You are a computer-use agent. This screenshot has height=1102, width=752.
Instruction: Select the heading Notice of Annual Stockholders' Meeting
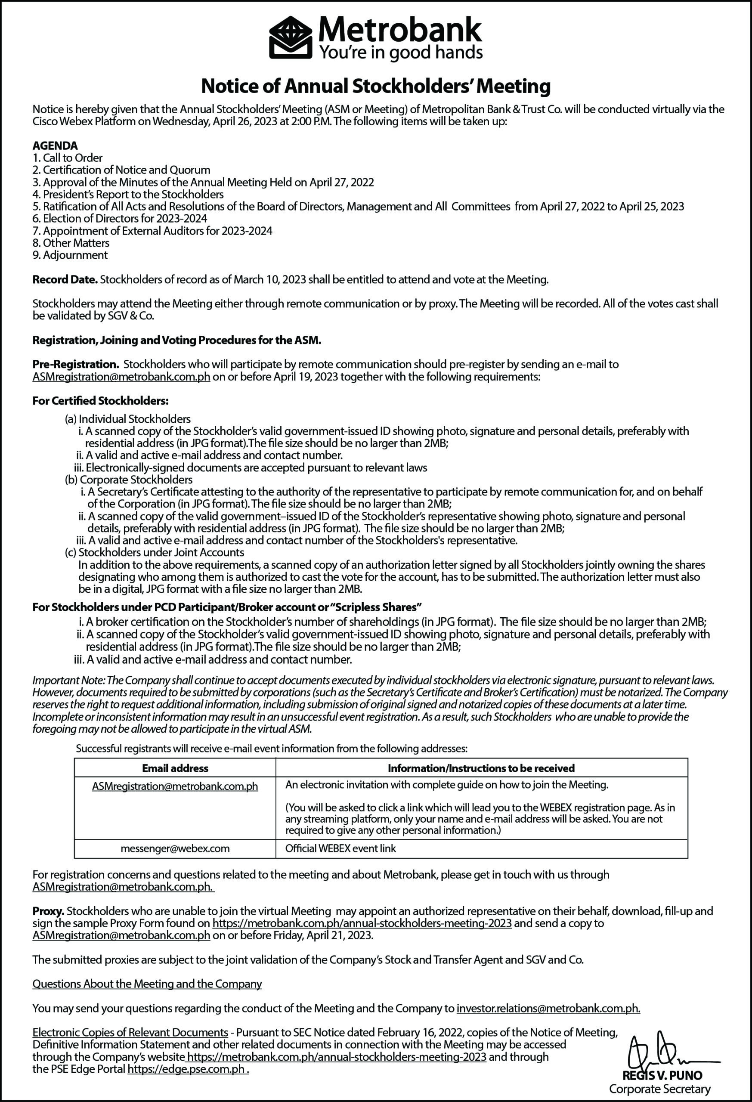tap(375, 86)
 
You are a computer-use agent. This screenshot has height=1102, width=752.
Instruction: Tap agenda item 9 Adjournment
tap(70, 255)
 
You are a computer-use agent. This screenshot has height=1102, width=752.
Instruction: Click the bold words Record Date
tap(65, 280)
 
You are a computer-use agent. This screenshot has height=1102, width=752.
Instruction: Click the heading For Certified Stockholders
tap(101, 401)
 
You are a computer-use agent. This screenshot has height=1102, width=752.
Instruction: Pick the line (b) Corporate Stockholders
tap(129, 480)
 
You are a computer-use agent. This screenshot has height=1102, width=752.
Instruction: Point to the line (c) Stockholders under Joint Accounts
tap(154, 552)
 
